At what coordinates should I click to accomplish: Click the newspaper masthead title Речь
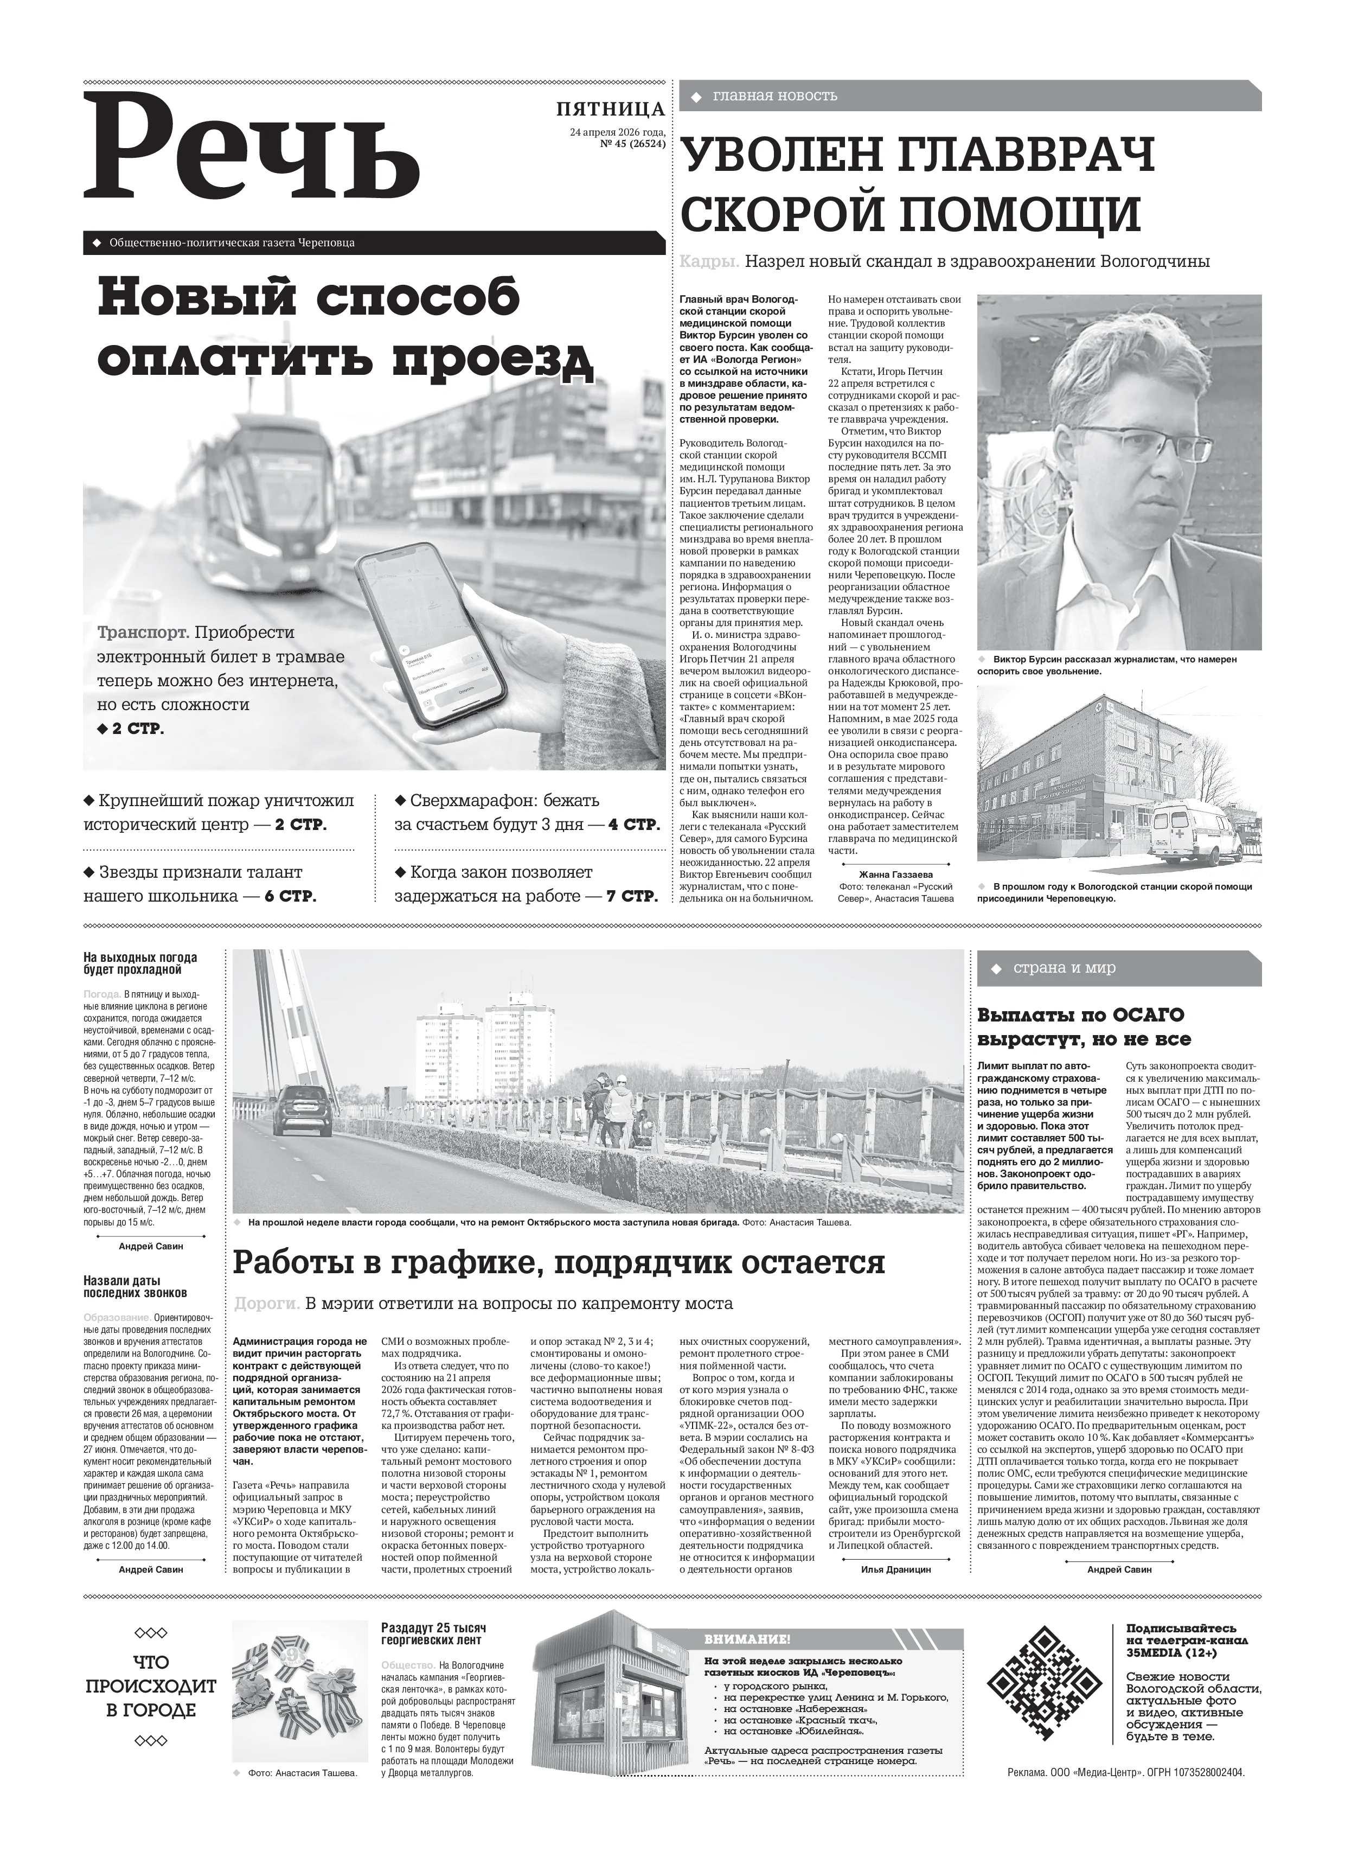tap(252, 151)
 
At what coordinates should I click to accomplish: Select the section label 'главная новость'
tap(775, 96)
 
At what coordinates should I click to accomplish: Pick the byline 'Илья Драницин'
tap(895, 1569)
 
